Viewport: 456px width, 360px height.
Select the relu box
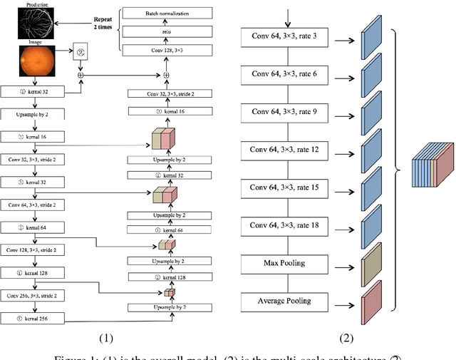point(166,31)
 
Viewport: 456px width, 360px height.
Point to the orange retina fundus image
point(33,59)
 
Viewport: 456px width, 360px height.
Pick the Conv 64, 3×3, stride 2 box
point(33,205)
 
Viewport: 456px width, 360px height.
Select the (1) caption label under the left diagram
point(104,337)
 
